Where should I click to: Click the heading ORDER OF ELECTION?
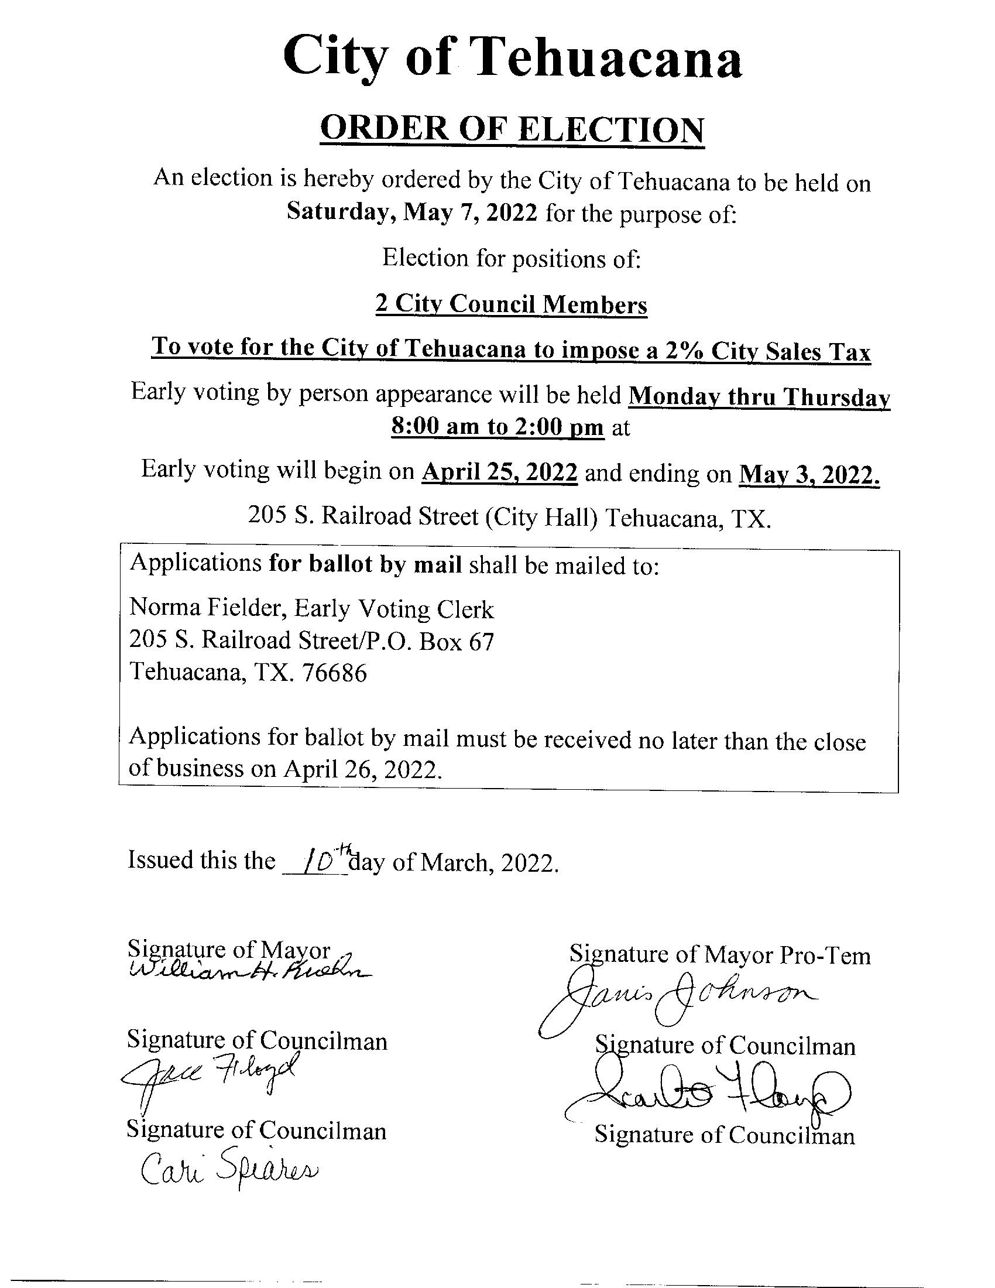512,131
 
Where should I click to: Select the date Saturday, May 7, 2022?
412,211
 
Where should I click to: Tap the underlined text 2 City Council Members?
511,304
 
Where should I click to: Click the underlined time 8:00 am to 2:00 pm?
497,426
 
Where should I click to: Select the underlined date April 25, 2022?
500,471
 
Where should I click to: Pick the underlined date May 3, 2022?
809,474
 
